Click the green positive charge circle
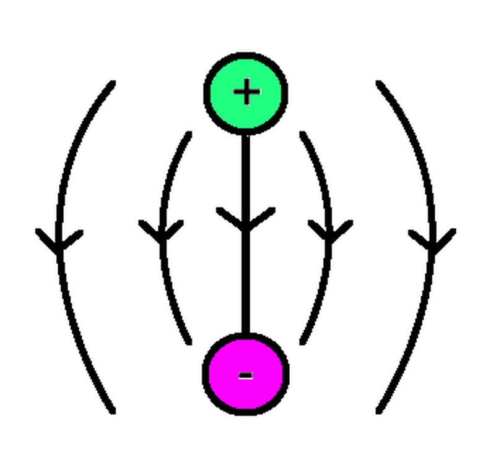pyautogui.click(x=246, y=93)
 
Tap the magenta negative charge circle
pyautogui.click(x=246, y=373)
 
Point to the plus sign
pyautogui.click(x=247, y=93)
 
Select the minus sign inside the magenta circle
pyautogui.click(x=245, y=375)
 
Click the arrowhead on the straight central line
pyautogui.click(x=246, y=223)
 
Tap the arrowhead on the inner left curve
pyautogui.click(x=162, y=234)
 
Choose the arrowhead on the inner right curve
pyautogui.click(x=330, y=234)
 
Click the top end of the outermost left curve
pyautogui.click(x=113, y=83)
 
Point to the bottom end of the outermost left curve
pyautogui.click(x=113, y=411)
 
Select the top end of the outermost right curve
pyautogui.click(x=378, y=83)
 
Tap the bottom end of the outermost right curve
pyautogui.click(x=378, y=411)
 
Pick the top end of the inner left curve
pyautogui.click(x=189, y=133)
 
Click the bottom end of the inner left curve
pyautogui.click(x=189, y=342)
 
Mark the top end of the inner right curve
pyautogui.click(x=302, y=133)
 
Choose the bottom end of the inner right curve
pyautogui.click(x=302, y=342)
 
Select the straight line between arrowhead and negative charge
pyautogui.click(x=246, y=284)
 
